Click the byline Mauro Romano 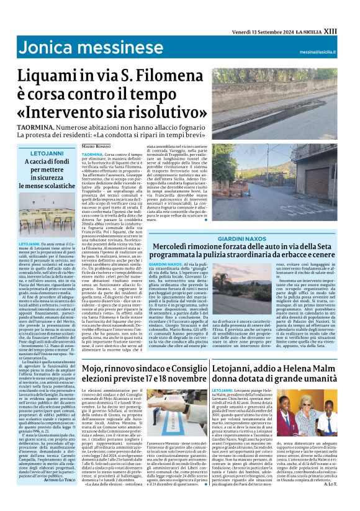point(97,145)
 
